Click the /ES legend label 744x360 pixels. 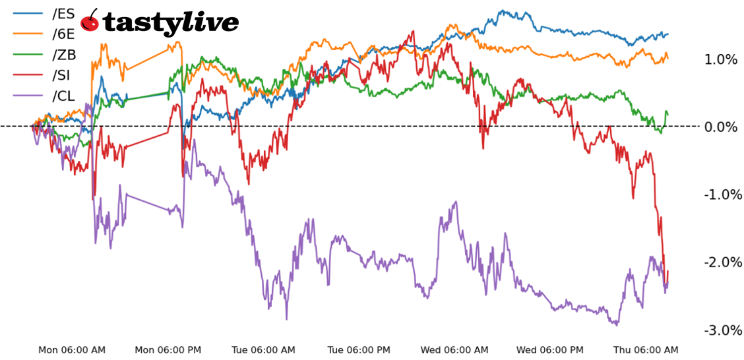pyautogui.click(x=63, y=14)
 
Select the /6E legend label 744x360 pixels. pyautogui.click(x=63, y=34)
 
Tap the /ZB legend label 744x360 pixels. pyautogui.click(x=63, y=55)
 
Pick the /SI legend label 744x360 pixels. pyautogui.click(x=62, y=75)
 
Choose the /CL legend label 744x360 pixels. pyautogui.click(x=63, y=96)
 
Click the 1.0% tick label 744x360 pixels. pyautogui.click(x=721, y=60)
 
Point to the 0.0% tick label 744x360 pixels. pyautogui.click(x=721, y=127)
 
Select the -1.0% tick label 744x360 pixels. pyautogui.click(x=720, y=195)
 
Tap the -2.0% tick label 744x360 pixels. pyautogui.click(x=720, y=262)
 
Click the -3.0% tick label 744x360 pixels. pyautogui.click(x=720, y=330)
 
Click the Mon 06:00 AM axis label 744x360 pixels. pyautogui.click(x=72, y=350)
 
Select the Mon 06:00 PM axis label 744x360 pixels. pyautogui.click(x=168, y=350)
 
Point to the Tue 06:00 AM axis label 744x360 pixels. pyautogui.click(x=264, y=350)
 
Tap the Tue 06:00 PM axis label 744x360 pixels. pyautogui.click(x=360, y=350)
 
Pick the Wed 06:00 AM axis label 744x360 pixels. pyautogui.click(x=456, y=350)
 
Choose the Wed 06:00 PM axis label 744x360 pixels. pyautogui.click(x=550, y=350)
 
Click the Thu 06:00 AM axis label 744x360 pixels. pyautogui.click(x=646, y=350)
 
